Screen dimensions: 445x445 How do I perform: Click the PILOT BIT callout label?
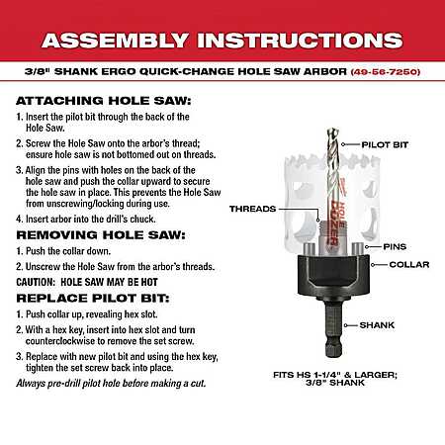click(x=385, y=144)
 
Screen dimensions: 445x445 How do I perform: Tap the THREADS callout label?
click(x=253, y=209)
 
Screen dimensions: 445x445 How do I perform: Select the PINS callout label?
click(x=395, y=246)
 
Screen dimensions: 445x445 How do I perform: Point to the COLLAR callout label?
click(x=409, y=265)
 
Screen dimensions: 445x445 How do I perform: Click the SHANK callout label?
click(x=377, y=325)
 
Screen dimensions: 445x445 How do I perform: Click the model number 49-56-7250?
click(x=386, y=71)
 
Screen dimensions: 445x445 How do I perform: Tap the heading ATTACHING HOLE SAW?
click(x=104, y=101)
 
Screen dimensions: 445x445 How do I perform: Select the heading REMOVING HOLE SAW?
click(x=101, y=235)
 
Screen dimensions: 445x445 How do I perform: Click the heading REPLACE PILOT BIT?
click(x=93, y=298)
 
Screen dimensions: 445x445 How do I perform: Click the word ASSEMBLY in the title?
click(x=115, y=41)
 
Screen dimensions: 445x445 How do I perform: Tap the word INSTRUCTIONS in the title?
click(x=300, y=41)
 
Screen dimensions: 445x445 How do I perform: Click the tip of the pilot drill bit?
click(x=333, y=129)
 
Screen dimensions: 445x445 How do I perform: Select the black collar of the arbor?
click(x=333, y=277)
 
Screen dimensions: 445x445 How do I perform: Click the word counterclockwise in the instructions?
click(x=60, y=341)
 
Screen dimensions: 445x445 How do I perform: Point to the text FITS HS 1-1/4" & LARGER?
click(x=335, y=375)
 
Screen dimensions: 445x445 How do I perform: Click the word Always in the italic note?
click(x=30, y=384)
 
